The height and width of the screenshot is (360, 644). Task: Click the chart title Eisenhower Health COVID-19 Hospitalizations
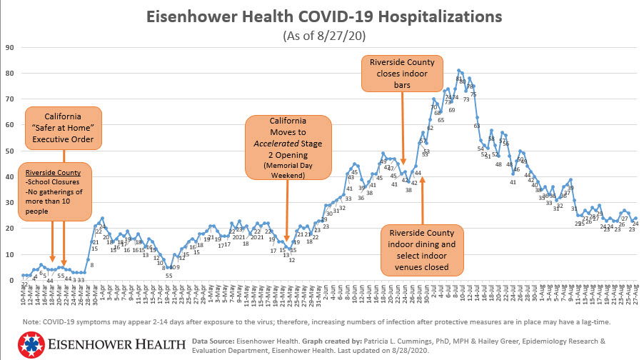324,16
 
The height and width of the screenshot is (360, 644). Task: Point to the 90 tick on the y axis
10,47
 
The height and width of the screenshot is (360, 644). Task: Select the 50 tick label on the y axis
10,151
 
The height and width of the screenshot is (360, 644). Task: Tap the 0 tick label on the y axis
12,280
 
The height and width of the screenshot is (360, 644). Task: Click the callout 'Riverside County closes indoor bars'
402,74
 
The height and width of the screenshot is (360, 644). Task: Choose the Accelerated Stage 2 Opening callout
288,146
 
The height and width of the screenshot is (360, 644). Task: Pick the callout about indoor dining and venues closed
422,250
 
